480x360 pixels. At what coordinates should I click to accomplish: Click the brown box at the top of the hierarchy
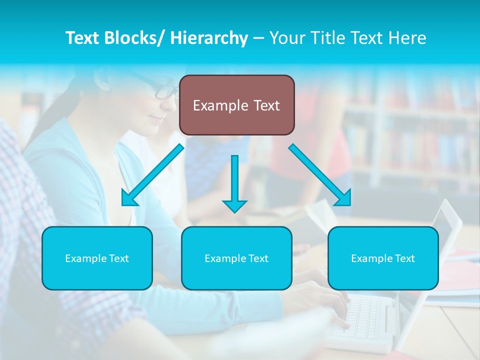pos(236,105)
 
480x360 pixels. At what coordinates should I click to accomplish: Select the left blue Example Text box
pos(97,258)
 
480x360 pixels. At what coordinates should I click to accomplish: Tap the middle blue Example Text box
pos(236,258)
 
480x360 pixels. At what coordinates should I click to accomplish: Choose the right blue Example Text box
pos(383,258)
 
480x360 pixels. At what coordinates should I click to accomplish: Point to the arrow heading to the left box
pos(152,175)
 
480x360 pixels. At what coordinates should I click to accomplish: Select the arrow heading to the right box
pos(320,175)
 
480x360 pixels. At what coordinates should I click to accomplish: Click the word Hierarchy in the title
pos(209,38)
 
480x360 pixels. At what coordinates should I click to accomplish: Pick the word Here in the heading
pos(408,38)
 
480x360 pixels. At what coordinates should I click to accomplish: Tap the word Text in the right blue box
pos(404,258)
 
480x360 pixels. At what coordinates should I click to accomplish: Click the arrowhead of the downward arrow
pos(234,205)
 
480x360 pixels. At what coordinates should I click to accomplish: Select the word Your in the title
pos(286,38)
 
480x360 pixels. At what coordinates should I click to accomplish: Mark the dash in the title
pos(259,38)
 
